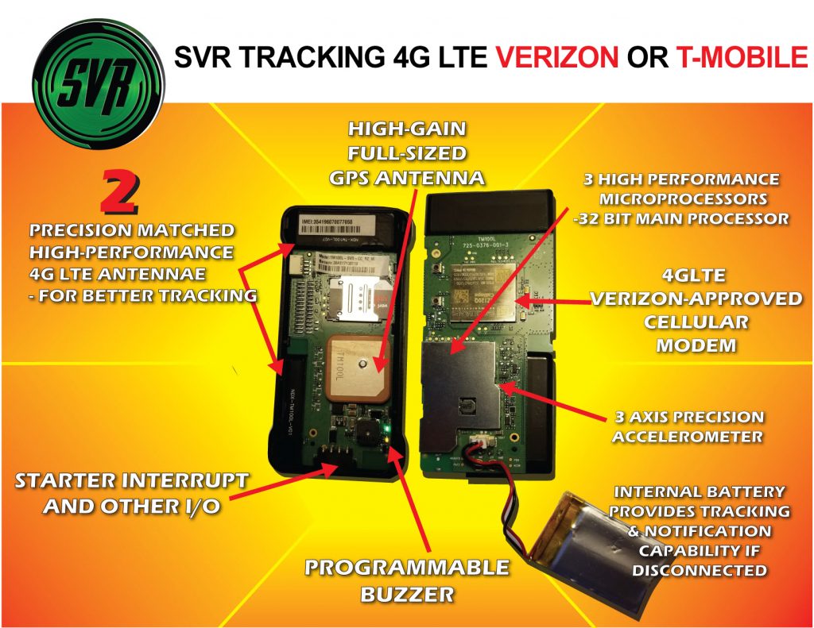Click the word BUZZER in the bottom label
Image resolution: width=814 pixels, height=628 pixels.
click(408, 593)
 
